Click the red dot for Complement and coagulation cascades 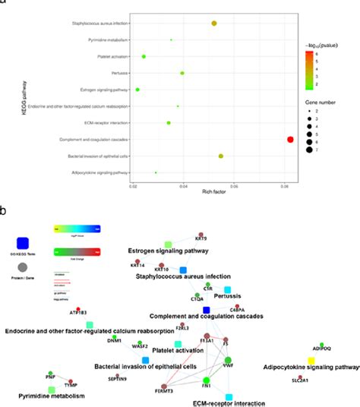(x=290, y=140)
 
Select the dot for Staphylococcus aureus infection (x=214, y=24)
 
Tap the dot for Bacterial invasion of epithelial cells (x=221, y=156)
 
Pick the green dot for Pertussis (x=182, y=73)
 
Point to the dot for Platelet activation (x=144, y=56)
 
